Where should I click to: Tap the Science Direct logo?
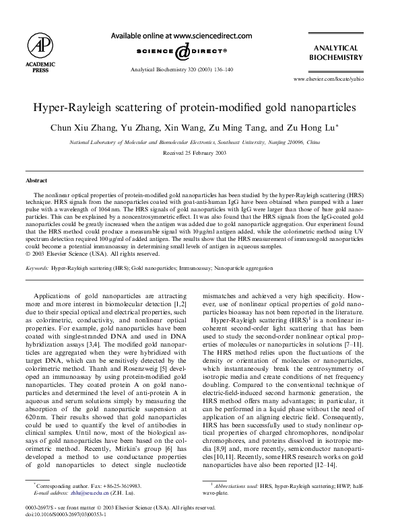coord(182,51)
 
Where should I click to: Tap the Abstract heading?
coord(36,180)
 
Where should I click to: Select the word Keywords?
coord(36,267)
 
